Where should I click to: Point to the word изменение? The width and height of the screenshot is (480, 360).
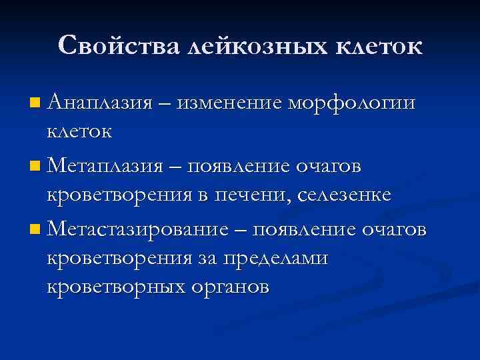coord(233,103)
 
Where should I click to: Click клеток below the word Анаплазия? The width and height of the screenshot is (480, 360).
coord(79,131)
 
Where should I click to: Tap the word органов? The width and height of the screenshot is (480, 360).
coord(233,289)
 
